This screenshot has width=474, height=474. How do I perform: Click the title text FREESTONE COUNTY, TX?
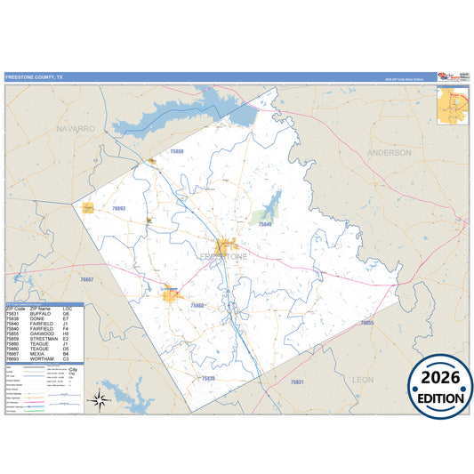pyautogui.click(x=35, y=77)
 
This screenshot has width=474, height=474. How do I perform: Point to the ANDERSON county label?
pyautogui.click(x=389, y=152)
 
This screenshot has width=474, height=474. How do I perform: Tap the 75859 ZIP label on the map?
pyautogui.click(x=176, y=152)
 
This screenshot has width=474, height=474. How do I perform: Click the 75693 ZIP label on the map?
pyautogui.click(x=118, y=208)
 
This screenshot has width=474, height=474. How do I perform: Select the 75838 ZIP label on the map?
pyautogui.click(x=207, y=378)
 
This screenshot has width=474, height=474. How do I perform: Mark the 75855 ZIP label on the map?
pyautogui.click(x=367, y=323)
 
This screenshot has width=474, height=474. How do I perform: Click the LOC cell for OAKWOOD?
pyautogui.click(x=66, y=335)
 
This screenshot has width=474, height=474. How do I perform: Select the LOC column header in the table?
pyautogui.click(x=66, y=309)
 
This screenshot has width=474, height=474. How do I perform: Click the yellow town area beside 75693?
pyautogui.click(x=89, y=208)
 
